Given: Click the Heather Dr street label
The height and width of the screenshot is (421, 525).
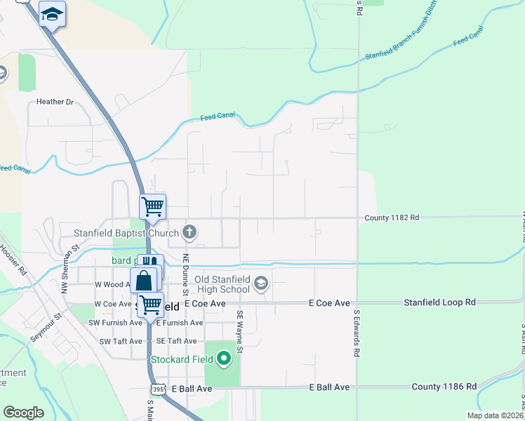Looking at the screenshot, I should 55,102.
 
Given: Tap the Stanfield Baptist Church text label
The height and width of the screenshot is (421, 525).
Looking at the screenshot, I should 127,232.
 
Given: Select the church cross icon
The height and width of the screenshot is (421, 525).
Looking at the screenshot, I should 190,231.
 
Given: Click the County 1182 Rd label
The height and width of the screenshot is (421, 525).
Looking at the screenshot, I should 392,218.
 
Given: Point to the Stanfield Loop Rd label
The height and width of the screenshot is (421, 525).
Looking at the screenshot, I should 439,302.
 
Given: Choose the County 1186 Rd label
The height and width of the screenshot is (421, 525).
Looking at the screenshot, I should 444,387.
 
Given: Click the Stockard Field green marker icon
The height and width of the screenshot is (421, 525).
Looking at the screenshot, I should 225,360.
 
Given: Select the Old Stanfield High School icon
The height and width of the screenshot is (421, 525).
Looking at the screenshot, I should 261,283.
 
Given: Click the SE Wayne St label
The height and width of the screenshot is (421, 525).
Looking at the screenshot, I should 239,332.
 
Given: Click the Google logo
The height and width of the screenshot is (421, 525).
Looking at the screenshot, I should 24,413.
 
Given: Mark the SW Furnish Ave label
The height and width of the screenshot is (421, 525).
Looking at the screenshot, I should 115,323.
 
